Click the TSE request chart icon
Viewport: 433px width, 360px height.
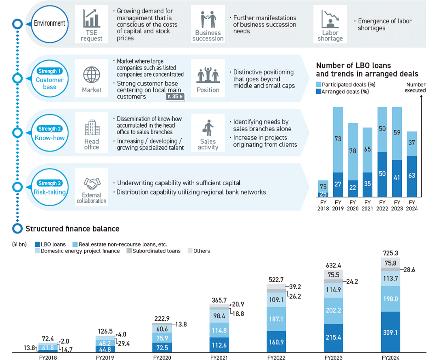[x=92, y=19]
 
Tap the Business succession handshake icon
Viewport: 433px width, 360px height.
[x=208, y=19]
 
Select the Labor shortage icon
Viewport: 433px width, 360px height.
[x=330, y=19]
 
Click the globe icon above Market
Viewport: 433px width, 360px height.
[x=92, y=75]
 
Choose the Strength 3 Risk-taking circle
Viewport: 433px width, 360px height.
[x=49, y=187]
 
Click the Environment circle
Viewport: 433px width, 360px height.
[x=49, y=23]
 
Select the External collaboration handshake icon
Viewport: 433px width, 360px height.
[x=92, y=184]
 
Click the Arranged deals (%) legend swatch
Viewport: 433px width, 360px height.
[x=318, y=92]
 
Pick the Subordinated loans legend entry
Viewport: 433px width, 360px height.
[x=154, y=251]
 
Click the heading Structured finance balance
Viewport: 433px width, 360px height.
[x=73, y=229]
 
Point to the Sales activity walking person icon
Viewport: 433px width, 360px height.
[x=208, y=129]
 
